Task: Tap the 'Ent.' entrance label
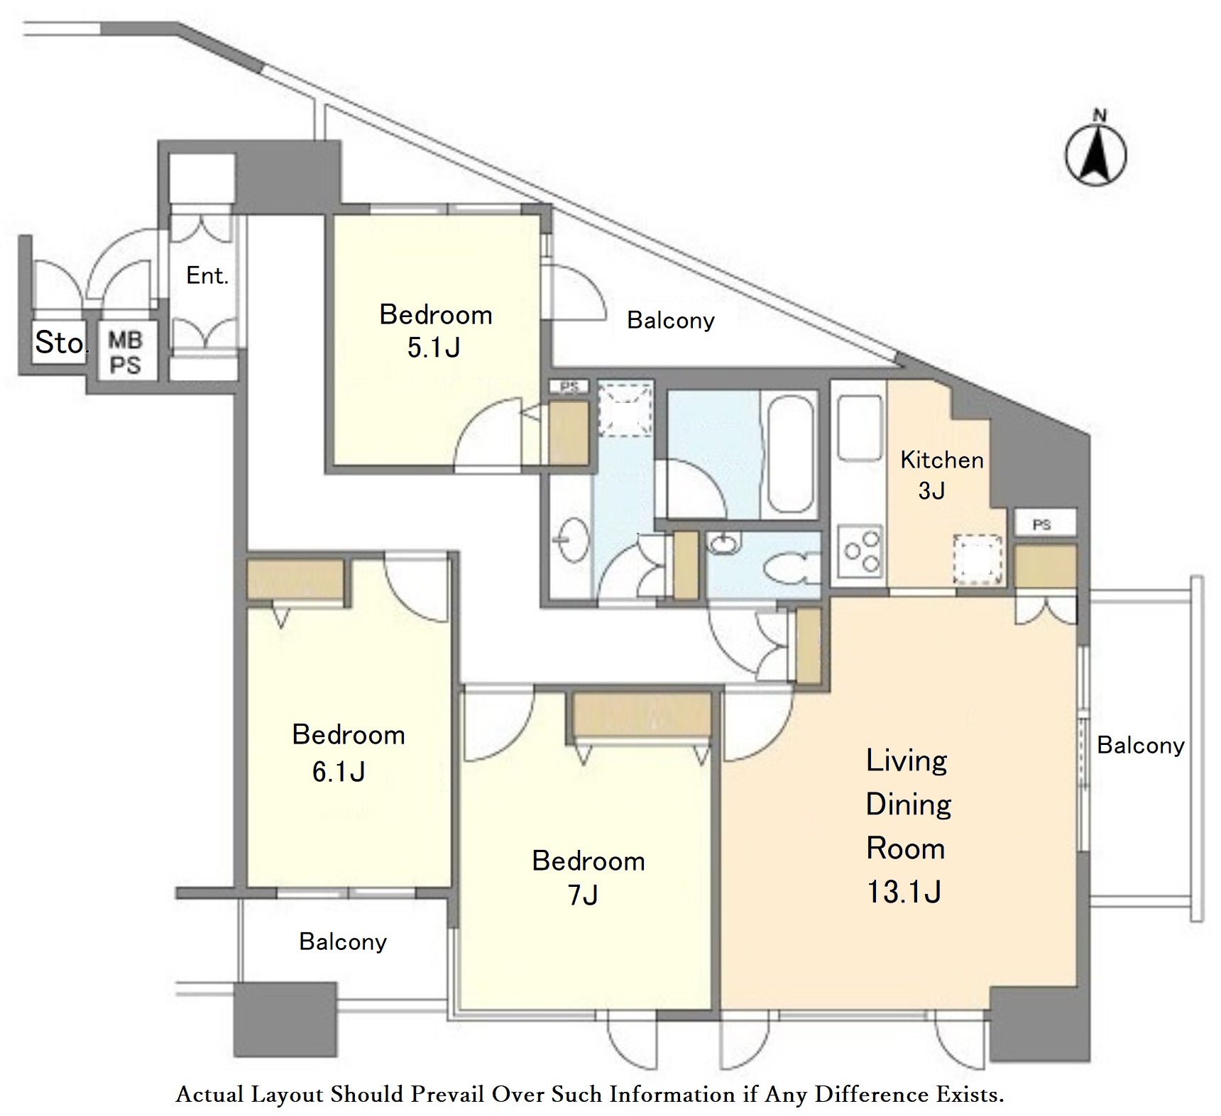pos(207,275)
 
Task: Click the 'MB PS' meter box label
pos(125,353)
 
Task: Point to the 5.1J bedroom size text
pos(434,348)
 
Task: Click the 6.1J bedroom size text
pos(339,771)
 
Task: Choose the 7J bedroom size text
pos(583,895)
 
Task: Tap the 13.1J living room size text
pos(904,892)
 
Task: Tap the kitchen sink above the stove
pos(860,428)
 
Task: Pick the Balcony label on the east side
pos(1141,745)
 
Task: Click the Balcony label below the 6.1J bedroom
pos(343,941)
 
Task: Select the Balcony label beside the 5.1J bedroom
pos(671,320)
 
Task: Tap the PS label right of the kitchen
pos(1041,525)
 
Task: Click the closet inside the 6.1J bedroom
pos(295,580)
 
